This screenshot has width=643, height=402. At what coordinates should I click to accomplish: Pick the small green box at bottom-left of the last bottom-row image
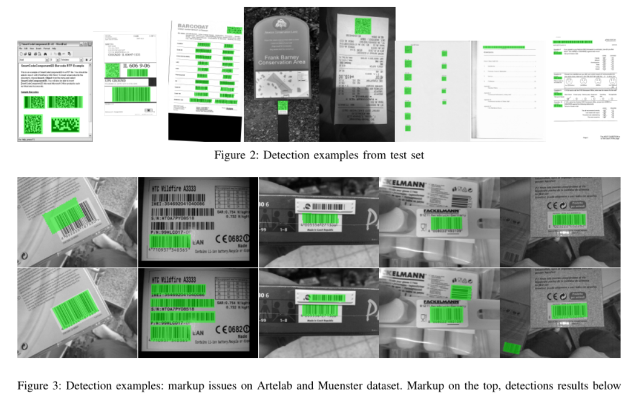(x=511, y=348)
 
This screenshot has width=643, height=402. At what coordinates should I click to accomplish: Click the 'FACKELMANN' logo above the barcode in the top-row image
(x=442, y=211)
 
